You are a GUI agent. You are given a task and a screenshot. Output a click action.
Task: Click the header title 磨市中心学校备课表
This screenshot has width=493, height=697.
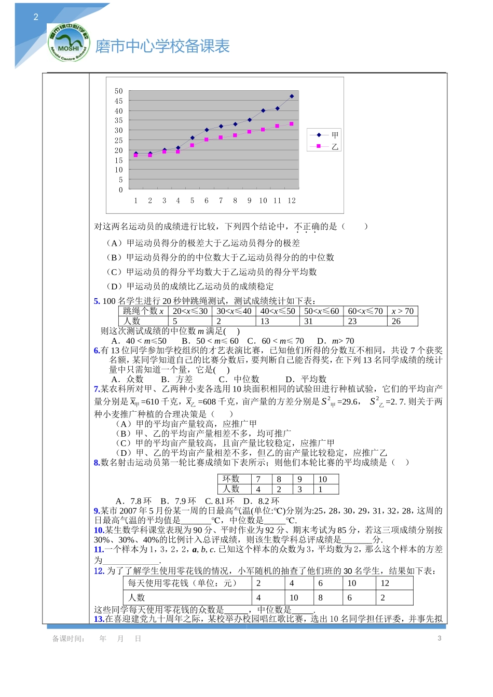162,46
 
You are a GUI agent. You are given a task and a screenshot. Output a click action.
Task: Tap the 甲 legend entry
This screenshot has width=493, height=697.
335,135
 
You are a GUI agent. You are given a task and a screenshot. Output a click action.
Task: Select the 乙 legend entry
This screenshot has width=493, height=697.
335,147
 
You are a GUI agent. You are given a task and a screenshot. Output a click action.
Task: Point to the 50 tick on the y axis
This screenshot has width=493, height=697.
119,91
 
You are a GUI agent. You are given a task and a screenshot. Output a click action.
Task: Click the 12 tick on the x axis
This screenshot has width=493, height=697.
292,201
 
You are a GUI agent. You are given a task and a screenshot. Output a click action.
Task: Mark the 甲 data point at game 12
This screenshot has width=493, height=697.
292,96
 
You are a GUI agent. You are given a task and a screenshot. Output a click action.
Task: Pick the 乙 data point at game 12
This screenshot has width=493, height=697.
292,124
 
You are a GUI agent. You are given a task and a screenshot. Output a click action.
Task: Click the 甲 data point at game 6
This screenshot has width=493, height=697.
207,130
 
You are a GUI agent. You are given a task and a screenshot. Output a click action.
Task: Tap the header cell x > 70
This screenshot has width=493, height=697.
403,311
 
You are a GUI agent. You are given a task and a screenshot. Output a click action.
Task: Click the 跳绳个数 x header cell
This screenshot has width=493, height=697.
143,311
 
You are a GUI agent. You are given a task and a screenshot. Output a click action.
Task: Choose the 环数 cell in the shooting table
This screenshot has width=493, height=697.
234,479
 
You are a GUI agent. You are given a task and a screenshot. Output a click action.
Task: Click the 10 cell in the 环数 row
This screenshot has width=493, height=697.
326,479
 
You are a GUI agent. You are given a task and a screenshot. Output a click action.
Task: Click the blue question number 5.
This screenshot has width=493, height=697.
97,301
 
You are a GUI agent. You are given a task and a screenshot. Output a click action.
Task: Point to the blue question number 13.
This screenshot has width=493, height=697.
99,619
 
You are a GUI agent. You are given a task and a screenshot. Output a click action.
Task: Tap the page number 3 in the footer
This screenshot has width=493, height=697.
439,638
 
